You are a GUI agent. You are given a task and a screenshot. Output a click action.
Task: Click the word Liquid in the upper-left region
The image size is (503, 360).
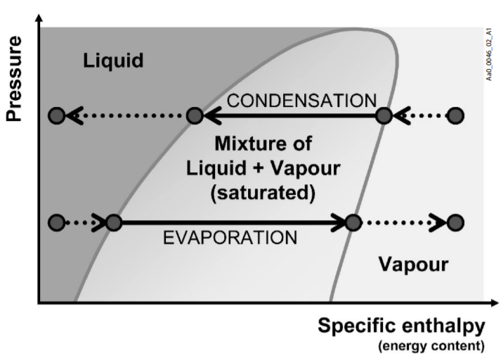click(113, 60)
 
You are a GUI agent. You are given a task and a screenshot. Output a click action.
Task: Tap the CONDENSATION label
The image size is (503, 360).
click(302, 101)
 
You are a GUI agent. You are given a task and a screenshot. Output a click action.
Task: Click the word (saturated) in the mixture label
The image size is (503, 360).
click(263, 191)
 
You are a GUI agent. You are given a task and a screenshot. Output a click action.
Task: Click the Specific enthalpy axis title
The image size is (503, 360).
click(401, 326)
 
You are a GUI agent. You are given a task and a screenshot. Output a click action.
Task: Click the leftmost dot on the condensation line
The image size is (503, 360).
click(57, 115)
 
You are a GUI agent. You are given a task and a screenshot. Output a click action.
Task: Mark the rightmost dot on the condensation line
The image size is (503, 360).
click(456, 115)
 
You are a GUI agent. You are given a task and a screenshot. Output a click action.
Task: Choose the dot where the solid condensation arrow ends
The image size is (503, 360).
click(195, 115)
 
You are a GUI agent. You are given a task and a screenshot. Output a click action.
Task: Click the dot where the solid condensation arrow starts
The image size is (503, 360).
click(384, 115)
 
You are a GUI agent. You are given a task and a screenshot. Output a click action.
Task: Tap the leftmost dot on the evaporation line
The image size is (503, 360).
click(57, 223)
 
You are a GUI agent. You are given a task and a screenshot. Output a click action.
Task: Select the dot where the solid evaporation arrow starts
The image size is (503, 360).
click(114, 223)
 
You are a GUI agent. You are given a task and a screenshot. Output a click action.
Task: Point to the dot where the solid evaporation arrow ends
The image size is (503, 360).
click(353, 223)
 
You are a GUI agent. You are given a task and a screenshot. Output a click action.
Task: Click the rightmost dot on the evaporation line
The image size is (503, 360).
click(456, 223)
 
